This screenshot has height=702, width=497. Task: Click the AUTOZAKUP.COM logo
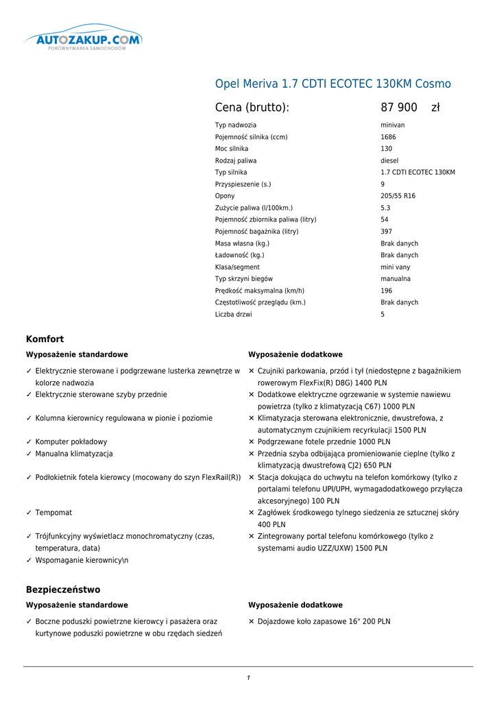click(x=83, y=40)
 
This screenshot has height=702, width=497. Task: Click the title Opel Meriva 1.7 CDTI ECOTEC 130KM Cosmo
click(x=333, y=84)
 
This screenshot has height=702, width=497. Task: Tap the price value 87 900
click(x=399, y=108)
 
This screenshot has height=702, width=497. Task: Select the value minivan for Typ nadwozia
click(x=393, y=125)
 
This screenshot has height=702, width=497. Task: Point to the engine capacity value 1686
click(x=388, y=137)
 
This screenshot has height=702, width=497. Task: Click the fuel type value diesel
click(x=389, y=160)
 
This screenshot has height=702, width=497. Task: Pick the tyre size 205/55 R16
click(x=398, y=196)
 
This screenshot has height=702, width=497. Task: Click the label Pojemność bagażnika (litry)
click(x=256, y=232)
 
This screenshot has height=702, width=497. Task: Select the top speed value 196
click(x=387, y=291)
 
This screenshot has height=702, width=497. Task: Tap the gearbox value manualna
click(x=396, y=279)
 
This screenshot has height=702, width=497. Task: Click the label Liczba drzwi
click(x=233, y=315)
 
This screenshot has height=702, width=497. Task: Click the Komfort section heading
click(x=45, y=339)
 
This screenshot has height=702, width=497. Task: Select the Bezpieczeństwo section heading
click(x=63, y=590)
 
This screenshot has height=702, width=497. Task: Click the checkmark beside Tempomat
click(x=29, y=513)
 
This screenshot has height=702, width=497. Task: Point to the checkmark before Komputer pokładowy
click(x=29, y=442)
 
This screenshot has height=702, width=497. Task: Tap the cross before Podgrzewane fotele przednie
click(x=252, y=442)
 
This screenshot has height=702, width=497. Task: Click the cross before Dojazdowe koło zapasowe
click(x=252, y=622)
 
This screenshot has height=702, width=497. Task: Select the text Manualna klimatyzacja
click(x=74, y=454)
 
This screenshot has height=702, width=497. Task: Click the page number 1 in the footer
click(x=248, y=678)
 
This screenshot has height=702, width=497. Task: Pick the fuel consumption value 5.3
click(x=385, y=208)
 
